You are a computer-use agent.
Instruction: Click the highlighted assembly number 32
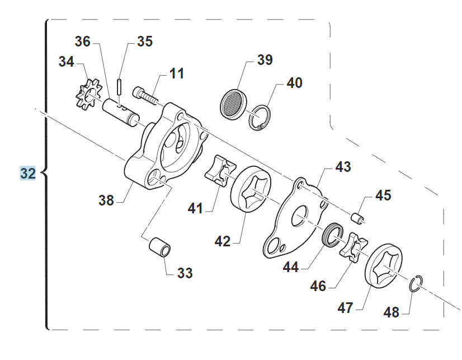[28, 174]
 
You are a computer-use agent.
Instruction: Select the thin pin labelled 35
[120, 87]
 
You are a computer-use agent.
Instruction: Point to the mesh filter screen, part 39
[234, 101]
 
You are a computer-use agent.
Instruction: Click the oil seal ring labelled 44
[334, 235]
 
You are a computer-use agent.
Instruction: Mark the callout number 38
[106, 199]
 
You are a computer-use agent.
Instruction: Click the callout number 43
[343, 167]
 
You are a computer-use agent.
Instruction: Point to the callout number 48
[392, 312]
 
